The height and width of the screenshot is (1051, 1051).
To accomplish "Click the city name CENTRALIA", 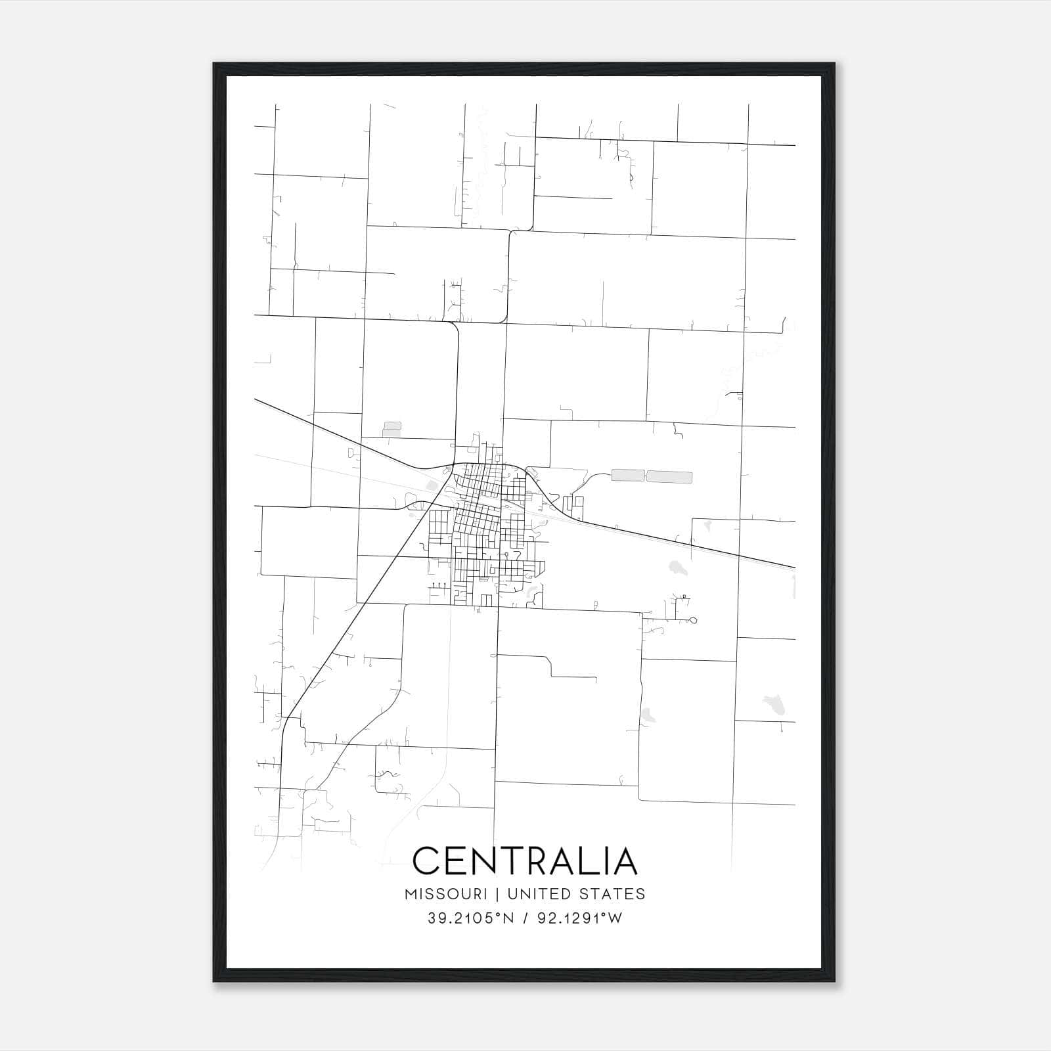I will (x=525, y=861).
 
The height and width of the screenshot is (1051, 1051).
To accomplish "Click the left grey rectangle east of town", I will (x=628, y=475).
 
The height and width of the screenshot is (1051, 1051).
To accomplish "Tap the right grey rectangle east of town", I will (x=669, y=477).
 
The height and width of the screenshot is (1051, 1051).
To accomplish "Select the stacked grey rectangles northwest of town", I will (x=392, y=430).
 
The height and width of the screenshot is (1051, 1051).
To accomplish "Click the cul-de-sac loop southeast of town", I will (x=694, y=620).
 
